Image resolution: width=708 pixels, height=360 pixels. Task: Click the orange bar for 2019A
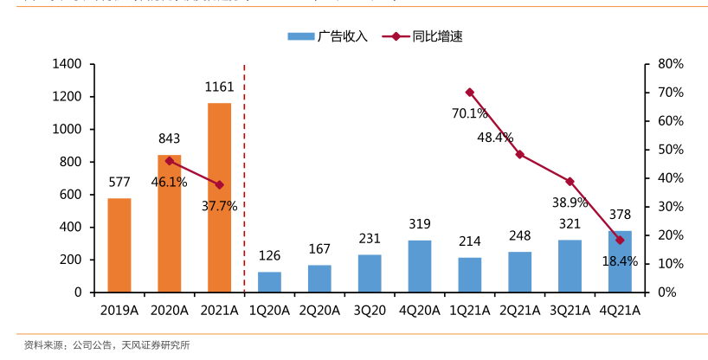point(119,245)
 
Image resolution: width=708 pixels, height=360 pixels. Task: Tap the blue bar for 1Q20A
point(269,282)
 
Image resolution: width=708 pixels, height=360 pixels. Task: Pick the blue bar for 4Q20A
point(420,266)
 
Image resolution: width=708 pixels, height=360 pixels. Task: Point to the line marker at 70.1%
point(470,92)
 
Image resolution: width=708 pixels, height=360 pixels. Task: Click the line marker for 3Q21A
point(570,182)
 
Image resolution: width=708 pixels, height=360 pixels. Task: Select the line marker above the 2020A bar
point(170,161)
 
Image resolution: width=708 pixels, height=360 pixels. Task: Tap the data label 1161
point(219,87)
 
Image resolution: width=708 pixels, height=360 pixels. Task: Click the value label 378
point(620,215)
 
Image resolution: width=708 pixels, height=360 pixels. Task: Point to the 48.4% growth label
point(494,138)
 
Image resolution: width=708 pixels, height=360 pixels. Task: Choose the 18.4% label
point(620,260)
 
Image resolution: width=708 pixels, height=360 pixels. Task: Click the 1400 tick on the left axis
point(67,64)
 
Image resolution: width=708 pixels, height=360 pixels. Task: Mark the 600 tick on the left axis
point(70,195)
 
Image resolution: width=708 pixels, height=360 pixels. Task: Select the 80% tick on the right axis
point(671,64)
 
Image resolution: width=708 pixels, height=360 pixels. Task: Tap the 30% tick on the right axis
point(671,207)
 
